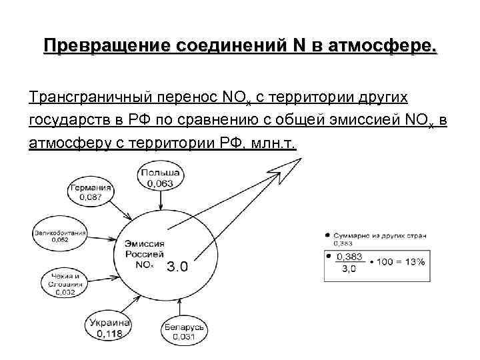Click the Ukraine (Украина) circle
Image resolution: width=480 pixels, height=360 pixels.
pyautogui.click(x=110, y=327)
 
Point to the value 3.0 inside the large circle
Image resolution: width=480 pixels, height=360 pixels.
pyautogui.click(x=177, y=267)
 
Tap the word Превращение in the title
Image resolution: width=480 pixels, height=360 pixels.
pyautogui.click(x=107, y=47)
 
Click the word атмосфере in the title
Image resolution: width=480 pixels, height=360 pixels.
pyautogui.click(x=377, y=47)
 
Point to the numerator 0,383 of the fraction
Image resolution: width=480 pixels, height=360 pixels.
pyautogui.click(x=349, y=256)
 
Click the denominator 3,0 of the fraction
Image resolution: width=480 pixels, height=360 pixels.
pyautogui.click(x=349, y=269)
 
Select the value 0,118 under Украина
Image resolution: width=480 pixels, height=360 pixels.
pyautogui.click(x=109, y=333)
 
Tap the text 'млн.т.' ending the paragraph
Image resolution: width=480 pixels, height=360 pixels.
pyautogui.click(x=271, y=144)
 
